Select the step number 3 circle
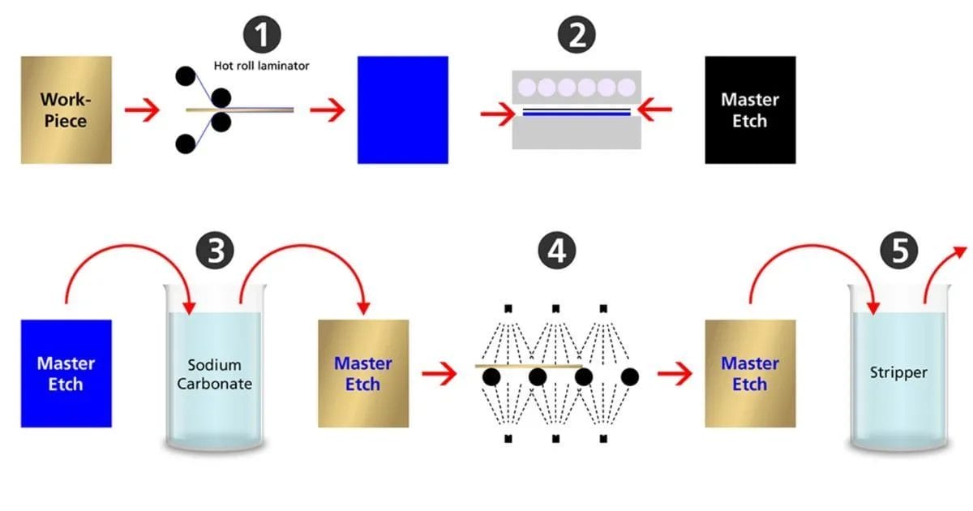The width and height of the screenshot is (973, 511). click(214, 252)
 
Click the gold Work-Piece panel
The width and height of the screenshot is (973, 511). click(66, 109)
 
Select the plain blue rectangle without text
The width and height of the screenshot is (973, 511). click(403, 109)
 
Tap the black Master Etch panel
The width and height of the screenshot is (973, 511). click(749, 109)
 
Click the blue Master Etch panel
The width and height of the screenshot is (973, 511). click(66, 373)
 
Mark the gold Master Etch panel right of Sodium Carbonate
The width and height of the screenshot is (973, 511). click(363, 373)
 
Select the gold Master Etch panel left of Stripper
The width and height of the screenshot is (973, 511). click(749, 373)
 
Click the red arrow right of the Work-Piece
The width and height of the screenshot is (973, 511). click(142, 111)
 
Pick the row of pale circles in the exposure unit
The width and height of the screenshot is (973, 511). click(577, 87)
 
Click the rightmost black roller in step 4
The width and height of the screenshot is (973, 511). click(629, 376)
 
